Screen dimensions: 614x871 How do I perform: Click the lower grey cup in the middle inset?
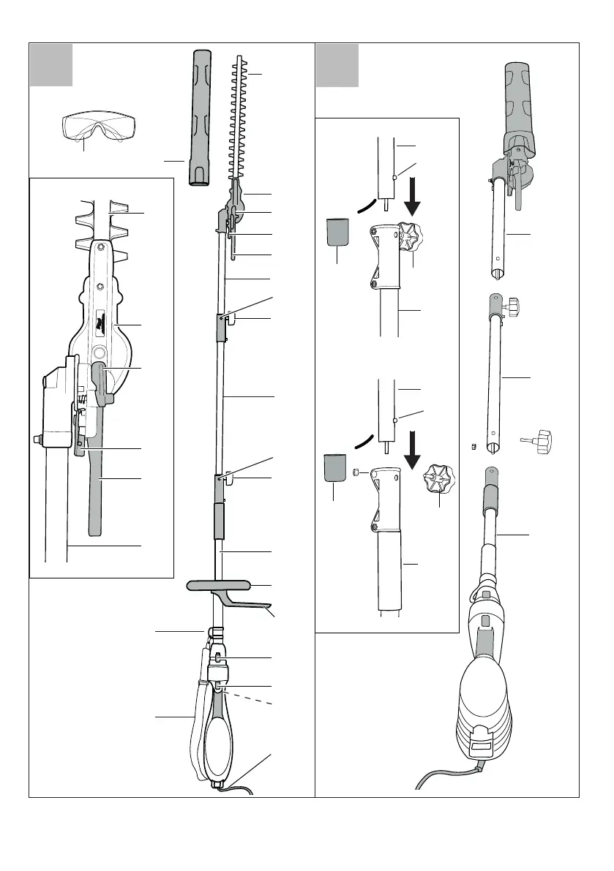pos(336,467)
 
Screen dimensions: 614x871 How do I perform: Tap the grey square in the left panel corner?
pos(50,64)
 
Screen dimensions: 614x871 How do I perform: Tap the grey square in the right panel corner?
pos(337,64)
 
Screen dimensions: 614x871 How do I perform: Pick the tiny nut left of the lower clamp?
pos(356,473)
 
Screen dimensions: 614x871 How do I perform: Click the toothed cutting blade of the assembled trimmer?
pos(240,117)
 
